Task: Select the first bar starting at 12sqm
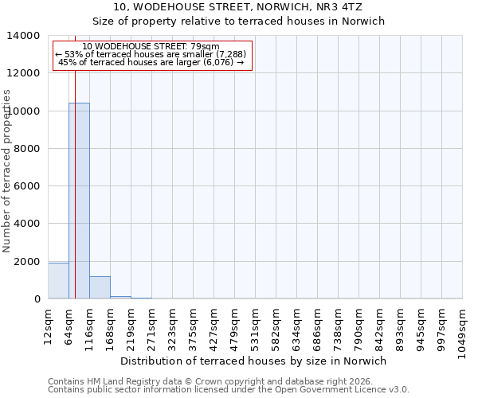tap(58, 281)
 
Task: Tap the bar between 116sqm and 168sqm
tap(100, 288)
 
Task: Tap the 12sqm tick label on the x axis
tap(49, 326)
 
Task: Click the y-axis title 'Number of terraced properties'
tap(7, 170)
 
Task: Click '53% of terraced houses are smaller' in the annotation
tap(151, 54)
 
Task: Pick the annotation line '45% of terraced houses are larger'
tap(151, 62)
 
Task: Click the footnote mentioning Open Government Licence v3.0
tap(229, 390)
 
